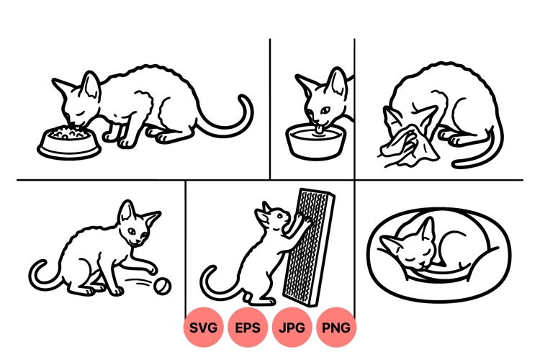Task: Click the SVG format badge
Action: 204,328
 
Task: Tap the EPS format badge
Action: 248,328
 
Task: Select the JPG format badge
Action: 292,328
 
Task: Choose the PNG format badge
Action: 336,328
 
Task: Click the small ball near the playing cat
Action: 163,287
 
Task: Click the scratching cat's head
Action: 272,216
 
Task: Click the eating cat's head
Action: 78,101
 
